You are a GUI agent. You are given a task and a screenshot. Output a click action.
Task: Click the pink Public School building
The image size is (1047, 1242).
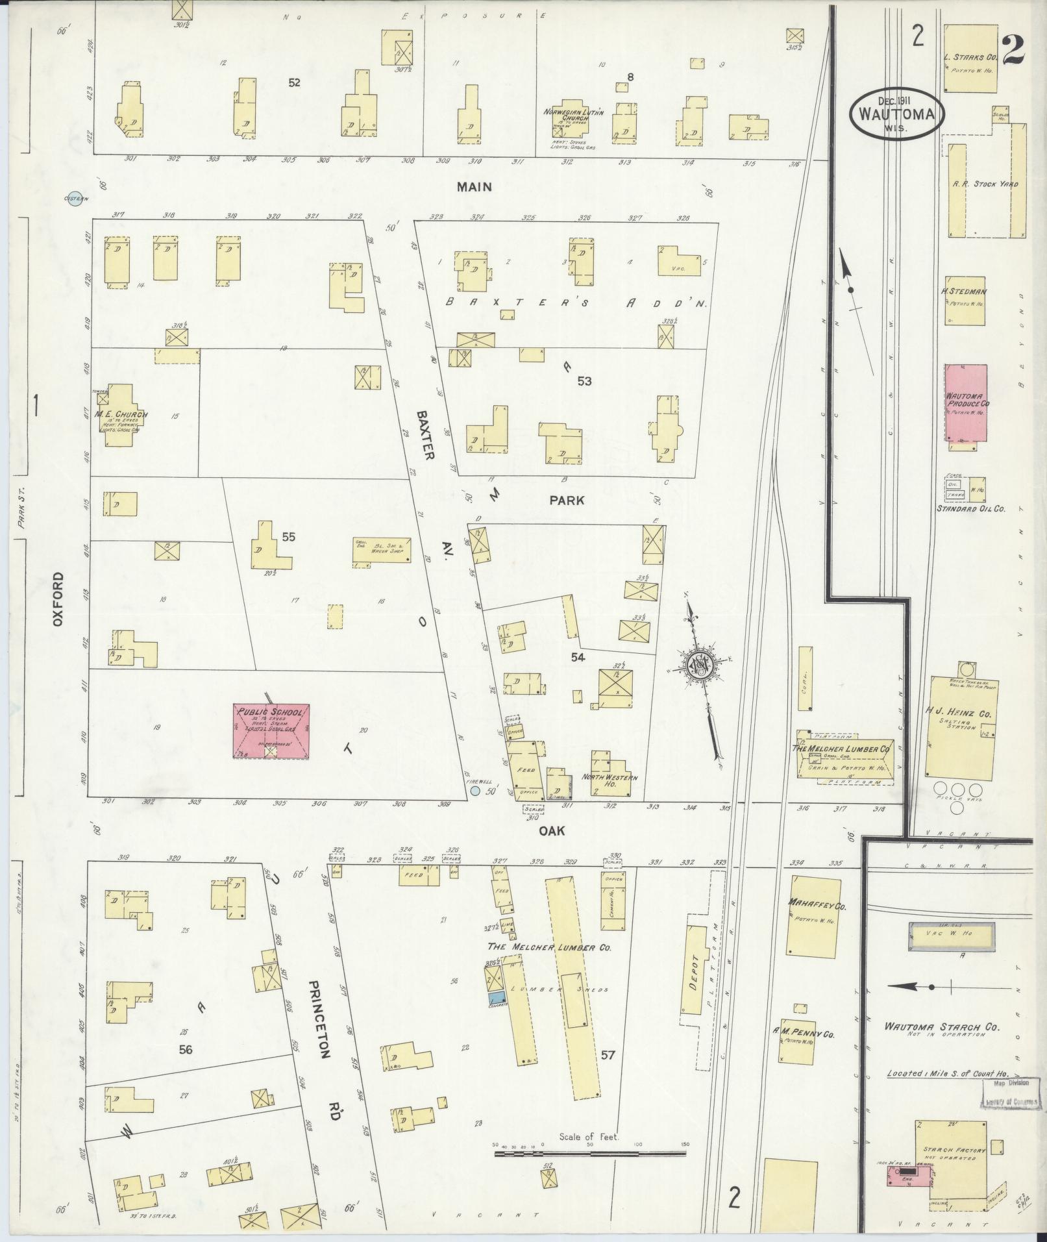click(x=271, y=730)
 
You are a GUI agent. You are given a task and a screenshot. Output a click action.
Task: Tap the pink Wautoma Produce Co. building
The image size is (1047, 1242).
click(x=966, y=403)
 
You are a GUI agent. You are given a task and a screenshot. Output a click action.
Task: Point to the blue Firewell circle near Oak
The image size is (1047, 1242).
click(x=475, y=791)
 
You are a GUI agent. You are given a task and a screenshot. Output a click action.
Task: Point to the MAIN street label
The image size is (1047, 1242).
click(x=474, y=187)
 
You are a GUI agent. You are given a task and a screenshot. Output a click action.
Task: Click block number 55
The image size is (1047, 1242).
click(x=289, y=536)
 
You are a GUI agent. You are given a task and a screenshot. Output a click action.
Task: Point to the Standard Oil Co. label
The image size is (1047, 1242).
click(x=970, y=508)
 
